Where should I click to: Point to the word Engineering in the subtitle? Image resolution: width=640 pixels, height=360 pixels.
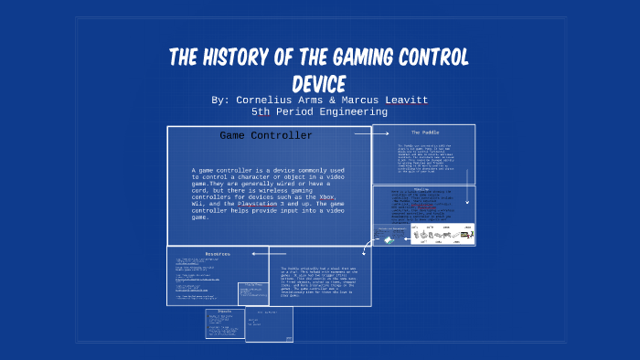pos(352,111)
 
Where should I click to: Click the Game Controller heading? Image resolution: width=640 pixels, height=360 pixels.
pos(266,136)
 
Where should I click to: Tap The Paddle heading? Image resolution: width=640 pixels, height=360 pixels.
pos(423,132)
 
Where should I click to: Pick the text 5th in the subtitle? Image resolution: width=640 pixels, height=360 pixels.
pos(262,111)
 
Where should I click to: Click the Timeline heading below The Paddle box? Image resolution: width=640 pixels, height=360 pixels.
pos(423,190)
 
